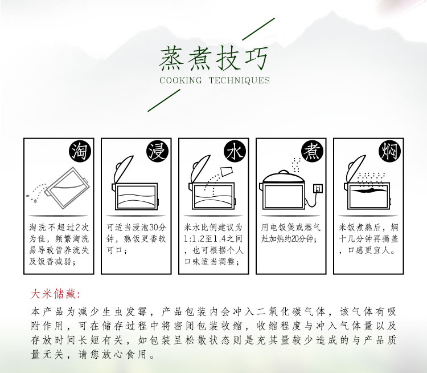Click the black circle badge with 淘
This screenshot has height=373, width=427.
[80, 152]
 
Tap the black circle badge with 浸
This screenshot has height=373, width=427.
[157, 152]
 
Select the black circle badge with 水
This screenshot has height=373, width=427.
[235, 152]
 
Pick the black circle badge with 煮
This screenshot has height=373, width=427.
[313, 152]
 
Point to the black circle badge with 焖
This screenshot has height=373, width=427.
[390, 152]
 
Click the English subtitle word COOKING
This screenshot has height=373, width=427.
[180, 80]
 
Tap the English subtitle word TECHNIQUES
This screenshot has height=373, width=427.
[239, 80]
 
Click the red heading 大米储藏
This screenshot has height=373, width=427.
[54, 294]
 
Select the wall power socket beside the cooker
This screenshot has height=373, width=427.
[318, 188]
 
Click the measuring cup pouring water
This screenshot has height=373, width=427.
[227, 171]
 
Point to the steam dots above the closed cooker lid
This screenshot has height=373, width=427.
[295, 165]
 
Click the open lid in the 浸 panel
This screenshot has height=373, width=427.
[124, 169]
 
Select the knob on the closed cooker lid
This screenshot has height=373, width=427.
[283, 172]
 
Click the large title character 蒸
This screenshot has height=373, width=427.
[171, 58]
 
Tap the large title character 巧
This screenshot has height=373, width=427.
[256, 58]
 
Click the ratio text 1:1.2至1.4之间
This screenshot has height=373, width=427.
[213, 239]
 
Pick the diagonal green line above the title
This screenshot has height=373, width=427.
[258, 29]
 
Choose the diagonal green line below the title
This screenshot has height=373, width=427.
[164, 100]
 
